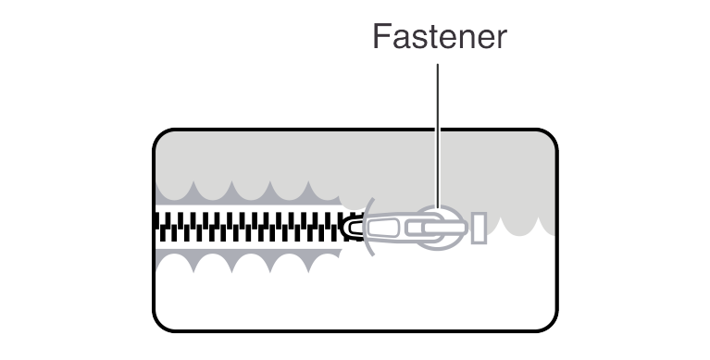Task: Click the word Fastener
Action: tap(439, 37)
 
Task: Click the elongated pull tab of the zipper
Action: tap(398, 228)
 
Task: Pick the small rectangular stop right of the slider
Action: tap(479, 228)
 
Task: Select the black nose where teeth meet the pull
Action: tap(353, 228)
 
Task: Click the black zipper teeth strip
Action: tap(250, 228)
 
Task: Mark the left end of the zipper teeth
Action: tap(157, 228)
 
